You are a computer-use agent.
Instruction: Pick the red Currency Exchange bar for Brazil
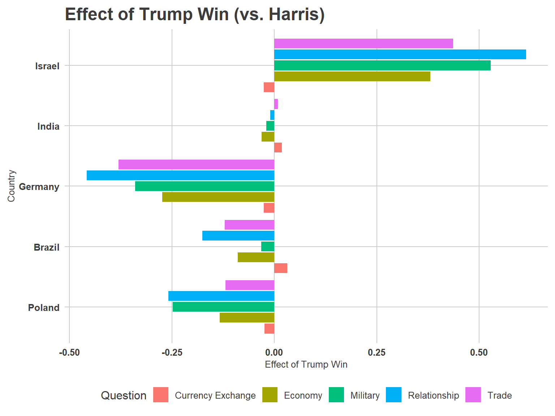coord(281,268)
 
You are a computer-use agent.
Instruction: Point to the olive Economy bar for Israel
coord(352,77)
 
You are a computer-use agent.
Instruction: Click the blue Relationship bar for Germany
coord(180,175)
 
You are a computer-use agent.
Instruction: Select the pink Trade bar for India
coord(276,104)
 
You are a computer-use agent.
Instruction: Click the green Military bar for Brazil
coord(268,247)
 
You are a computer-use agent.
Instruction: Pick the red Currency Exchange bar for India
coord(278,148)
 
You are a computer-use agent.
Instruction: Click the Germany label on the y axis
coord(39,187)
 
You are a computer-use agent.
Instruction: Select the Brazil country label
coord(46,247)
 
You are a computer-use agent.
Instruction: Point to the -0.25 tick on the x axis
coord(172,352)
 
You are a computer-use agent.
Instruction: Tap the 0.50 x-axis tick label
coord(479,352)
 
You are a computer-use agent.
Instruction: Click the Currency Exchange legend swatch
coord(161,395)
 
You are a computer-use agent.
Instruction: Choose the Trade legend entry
coord(499,395)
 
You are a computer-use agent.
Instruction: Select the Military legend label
coord(365,395)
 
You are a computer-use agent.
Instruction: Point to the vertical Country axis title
coord(11,186)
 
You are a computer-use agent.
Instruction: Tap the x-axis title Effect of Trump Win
coord(306,364)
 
